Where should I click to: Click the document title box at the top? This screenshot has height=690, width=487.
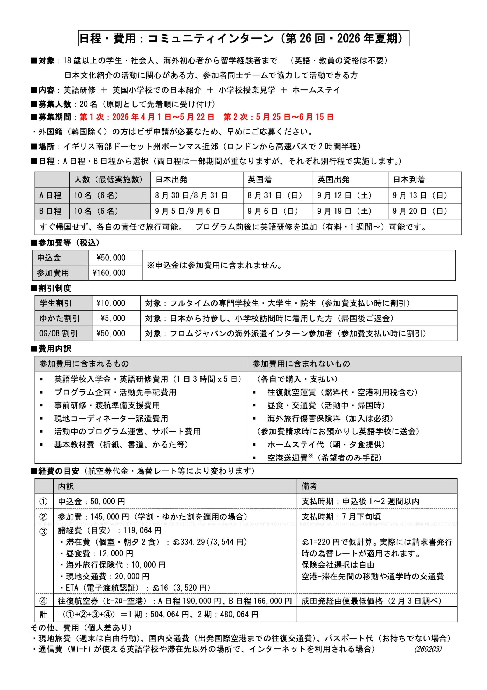243,38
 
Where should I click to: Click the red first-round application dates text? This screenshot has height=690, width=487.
147,117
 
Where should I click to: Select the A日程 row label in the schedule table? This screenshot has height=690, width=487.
50,195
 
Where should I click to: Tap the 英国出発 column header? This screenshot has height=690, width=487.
333,180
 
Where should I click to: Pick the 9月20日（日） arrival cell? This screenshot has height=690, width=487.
420,211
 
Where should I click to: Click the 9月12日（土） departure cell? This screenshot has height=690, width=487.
344,196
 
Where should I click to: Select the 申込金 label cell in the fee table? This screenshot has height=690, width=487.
49,258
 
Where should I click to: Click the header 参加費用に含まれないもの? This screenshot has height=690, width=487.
301,364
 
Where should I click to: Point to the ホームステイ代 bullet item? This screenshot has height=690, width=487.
326,444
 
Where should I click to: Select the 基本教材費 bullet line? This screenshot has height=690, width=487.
121,444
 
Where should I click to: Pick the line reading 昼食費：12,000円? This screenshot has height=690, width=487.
99,553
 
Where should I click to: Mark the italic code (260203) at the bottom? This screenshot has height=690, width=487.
428,649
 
